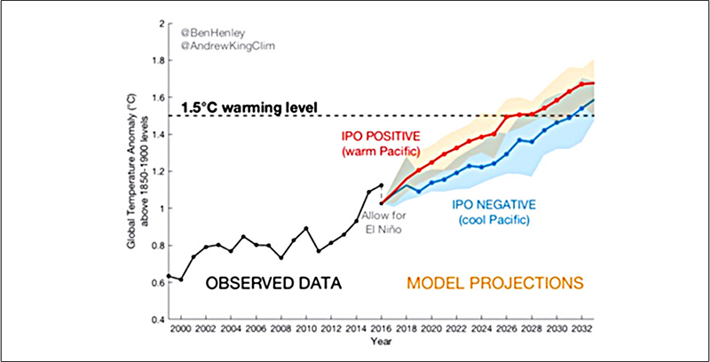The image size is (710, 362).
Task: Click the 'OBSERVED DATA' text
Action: [x=275, y=283]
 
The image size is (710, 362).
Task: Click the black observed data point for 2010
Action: [x=306, y=229]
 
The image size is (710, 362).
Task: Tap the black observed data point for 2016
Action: [x=382, y=185]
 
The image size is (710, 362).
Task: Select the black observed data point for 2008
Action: [x=281, y=257]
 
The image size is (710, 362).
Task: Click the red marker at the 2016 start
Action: [x=382, y=203]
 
